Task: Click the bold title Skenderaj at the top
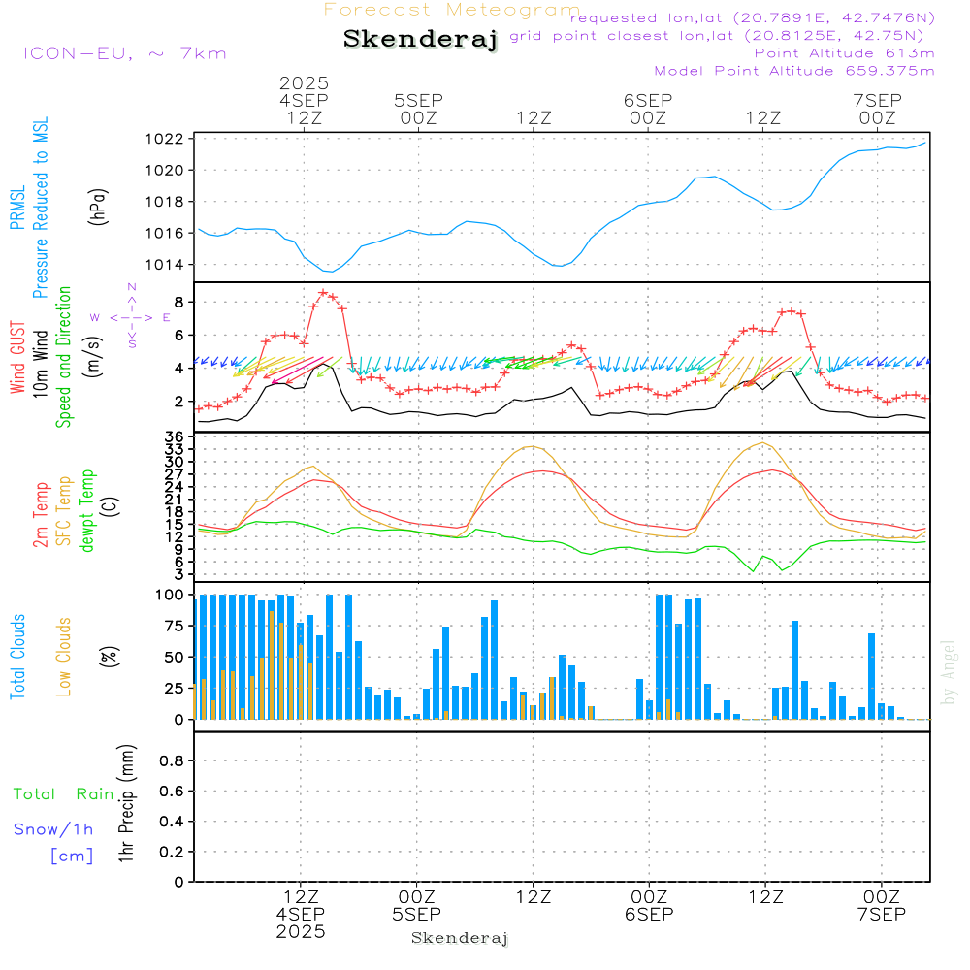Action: tap(420, 40)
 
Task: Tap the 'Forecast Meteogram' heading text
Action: tap(452, 10)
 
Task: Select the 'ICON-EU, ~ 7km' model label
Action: tap(124, 53)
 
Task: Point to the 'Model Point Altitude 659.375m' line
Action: tap(794, 71)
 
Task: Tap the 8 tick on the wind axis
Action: tap(179, 303)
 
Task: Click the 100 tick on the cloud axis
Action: tap(170, 595)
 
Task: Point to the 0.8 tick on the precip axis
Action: tap(171, 761)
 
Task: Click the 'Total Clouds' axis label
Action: tap(17, 657)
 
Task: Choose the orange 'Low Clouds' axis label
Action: tap(64, 657)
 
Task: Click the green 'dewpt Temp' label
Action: tap(87, 511)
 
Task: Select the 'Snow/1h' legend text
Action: tap(53, 830)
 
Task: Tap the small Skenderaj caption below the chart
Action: tap(460, 938)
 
